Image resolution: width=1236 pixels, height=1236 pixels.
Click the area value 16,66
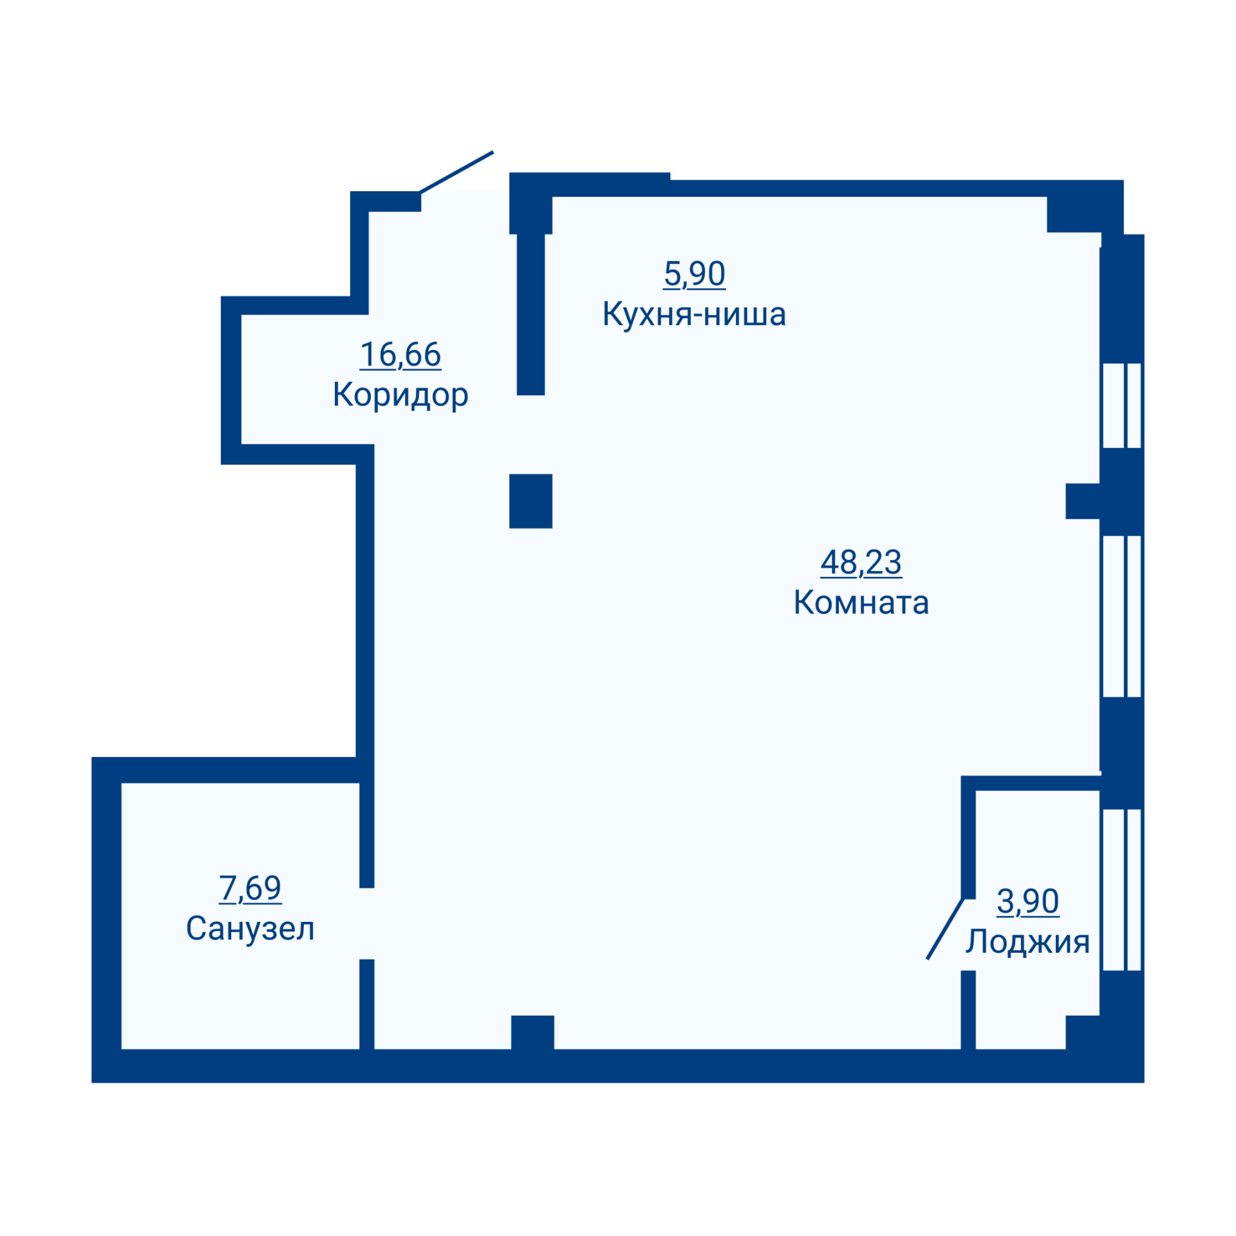pyautogui.click(x=400, y=354)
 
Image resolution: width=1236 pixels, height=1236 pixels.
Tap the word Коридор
pyautogui.click(x=400, y=395)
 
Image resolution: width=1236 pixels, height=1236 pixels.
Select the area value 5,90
pyautogui.click(x=694, y=274)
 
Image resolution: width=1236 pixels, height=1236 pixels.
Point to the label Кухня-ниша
pyautogui.click(x=694, y=314)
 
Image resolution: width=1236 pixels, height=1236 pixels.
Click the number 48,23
pyautogui.click(x=861, y=562)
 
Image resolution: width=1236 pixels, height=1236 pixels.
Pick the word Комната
pyautogui.click(x=861, y=603)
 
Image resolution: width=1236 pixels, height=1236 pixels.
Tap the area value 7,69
pyautogui.click(x=250, y=888)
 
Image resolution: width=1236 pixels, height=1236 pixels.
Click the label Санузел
pyautogui.click(x=250, y=929)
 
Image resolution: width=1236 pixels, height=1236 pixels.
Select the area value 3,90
pyautogui.click(x=1027, y=901)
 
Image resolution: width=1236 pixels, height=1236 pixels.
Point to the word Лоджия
pyautogui.click(x=1027, y=942)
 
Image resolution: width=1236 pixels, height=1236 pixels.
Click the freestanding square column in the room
pyautogui.click(x=530, y=501)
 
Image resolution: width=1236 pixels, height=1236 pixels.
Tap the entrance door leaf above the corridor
pyautogui.click(x=456, y=172)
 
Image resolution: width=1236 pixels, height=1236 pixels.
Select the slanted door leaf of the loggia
pyautogui.click(x=945, y=928)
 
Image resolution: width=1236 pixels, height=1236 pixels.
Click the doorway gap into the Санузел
pyautogui.click(x=366, y=923)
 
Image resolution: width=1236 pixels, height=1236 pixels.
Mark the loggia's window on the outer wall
pyautogui.click(x=1121, y=889)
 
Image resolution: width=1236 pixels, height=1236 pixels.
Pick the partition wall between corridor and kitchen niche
pyautogui.click(x=530, y=314)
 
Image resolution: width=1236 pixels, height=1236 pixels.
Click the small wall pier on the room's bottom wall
pyautogui.click(x=532, y=1032)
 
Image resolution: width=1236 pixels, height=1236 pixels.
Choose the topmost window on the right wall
pyautogui.click(x=1121, y=406)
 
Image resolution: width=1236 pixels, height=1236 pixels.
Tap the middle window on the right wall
pyautogui.click(x=1121, y=616)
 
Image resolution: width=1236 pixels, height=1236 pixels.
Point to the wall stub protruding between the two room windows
pyautogui.click(x=1083, y=501)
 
